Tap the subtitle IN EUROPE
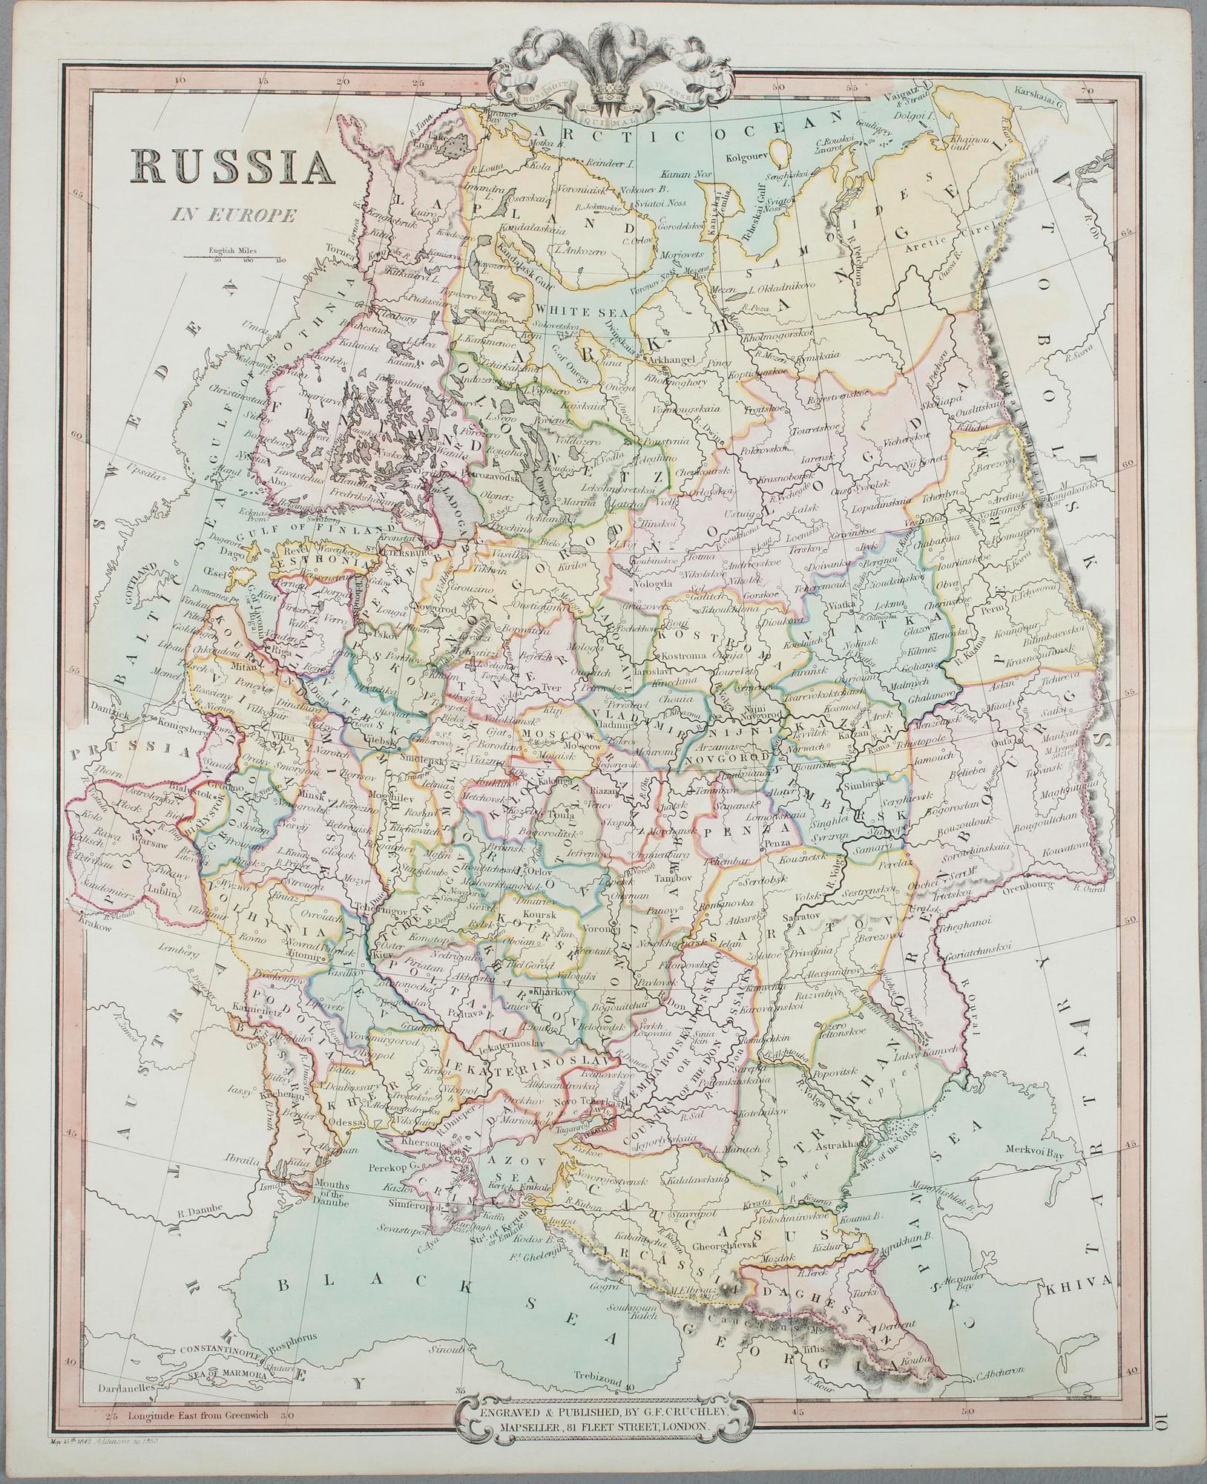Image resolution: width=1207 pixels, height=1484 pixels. (232, 216)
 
